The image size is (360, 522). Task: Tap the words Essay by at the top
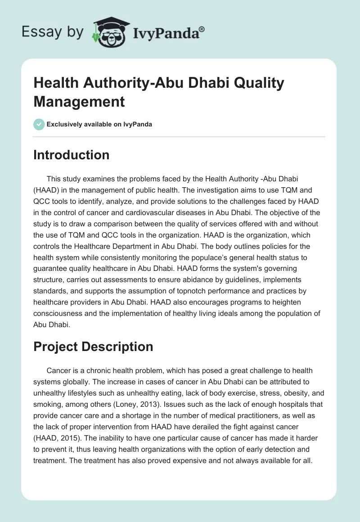pos(53,32)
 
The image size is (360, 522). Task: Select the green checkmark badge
pos(39,124)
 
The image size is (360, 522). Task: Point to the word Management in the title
pos(79,101)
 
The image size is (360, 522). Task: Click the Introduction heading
pos(72,155)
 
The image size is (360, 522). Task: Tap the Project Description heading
pos(93,346)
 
